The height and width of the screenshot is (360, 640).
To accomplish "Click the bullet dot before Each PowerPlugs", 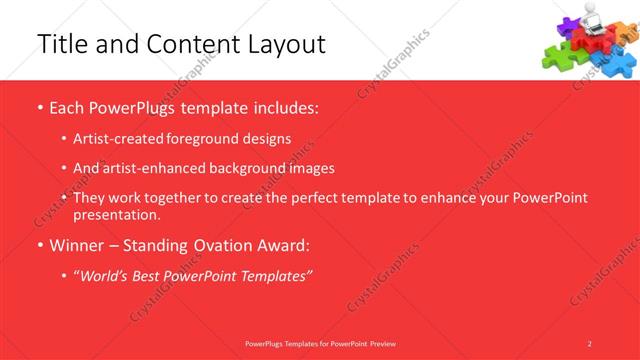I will point(39,107).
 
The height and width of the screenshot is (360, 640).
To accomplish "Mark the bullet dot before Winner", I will point(39,245).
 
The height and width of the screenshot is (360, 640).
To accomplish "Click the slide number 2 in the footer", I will point(590,343).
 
